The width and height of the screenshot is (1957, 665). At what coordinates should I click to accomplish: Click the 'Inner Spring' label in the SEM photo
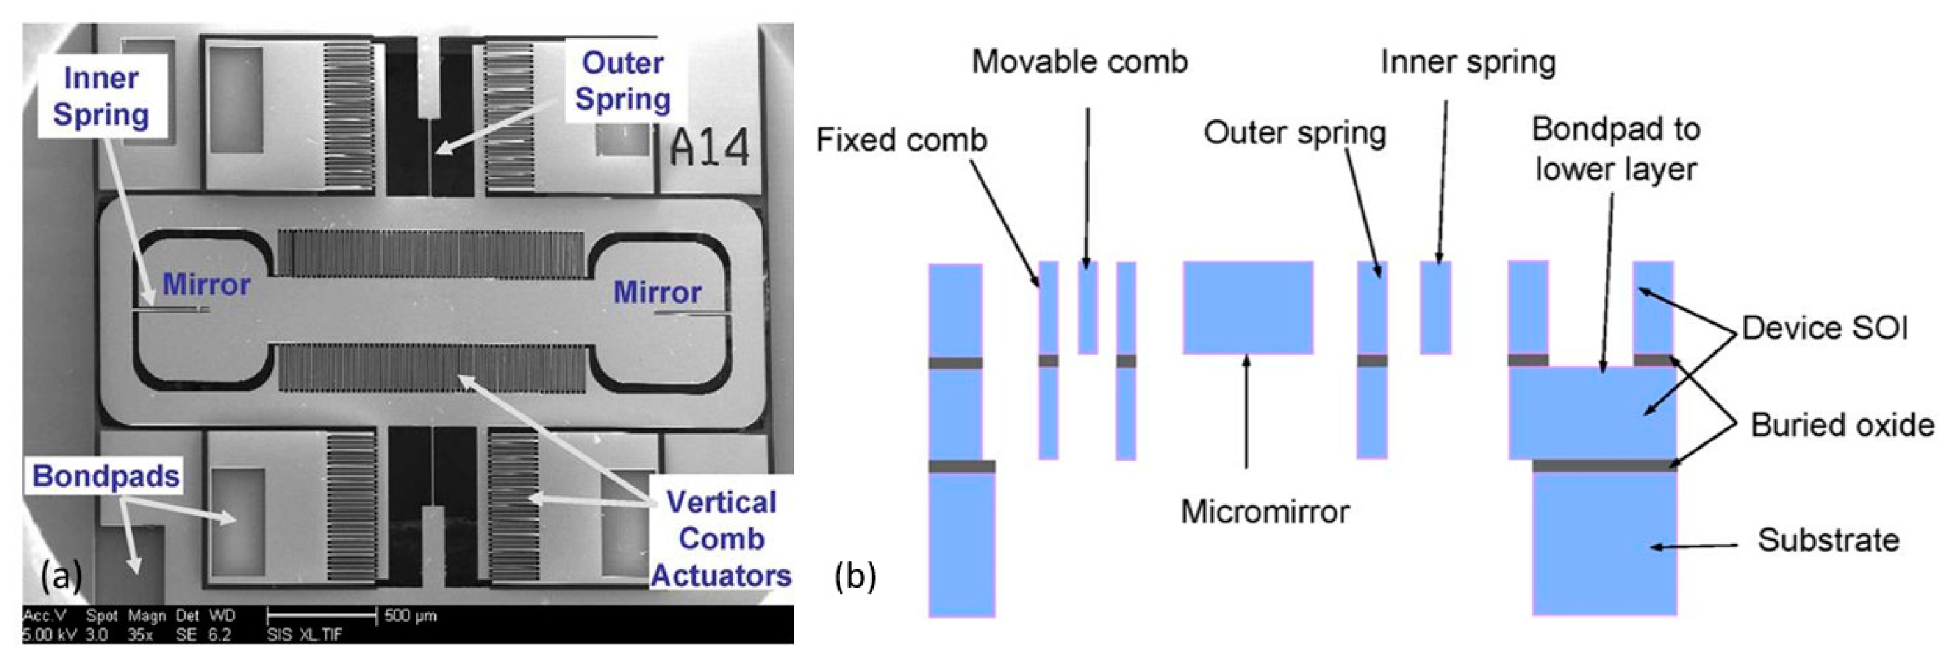pyautogui.click(x=101, y=96)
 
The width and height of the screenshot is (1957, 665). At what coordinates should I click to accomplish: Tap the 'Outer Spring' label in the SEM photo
pyautogui.click(x=623, y=80)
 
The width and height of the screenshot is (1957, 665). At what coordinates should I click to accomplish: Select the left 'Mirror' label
pyautogui.click(x=206, y=285)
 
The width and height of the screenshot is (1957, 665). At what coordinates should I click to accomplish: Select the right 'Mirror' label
pyautogui.click(x=657, y=292)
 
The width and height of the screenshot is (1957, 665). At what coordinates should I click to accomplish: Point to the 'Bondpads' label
pyautogui.click(x=106, y=476)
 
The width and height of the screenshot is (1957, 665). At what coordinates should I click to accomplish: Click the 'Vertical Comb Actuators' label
pyautogui.click(x=721, y=538)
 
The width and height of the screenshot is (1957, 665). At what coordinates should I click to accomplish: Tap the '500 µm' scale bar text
pyautogui.click(x=410, y=615)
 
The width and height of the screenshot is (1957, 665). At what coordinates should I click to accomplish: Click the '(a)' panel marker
pyautogui.click(x=61, y=577)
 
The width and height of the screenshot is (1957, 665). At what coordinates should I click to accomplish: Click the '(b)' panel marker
pyautogui.click(x=855, y=577)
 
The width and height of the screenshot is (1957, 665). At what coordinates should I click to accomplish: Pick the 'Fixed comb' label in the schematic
pyautogui.click(x=901, y=140)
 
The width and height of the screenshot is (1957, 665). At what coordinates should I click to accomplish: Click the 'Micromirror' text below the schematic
pyautogui.click(x=1265, y=511)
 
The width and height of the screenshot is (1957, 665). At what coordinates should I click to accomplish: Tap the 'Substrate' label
pyautogui.click(x=1828, y=541)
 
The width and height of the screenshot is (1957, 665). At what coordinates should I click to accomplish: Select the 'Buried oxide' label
pyautogui.click(x=1842, y=425)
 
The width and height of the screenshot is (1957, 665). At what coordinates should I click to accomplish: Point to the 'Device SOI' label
pyautogui.click(x=1825, y=329)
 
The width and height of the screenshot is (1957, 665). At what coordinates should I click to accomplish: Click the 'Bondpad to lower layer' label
pyautogui.click(x=1616, y=149)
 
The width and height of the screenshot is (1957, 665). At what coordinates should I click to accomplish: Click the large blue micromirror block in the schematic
pyautogui.click(x=1248, y=308)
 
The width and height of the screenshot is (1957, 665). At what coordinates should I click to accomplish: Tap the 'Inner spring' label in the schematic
pyautogui.click(x=1468, y=62)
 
